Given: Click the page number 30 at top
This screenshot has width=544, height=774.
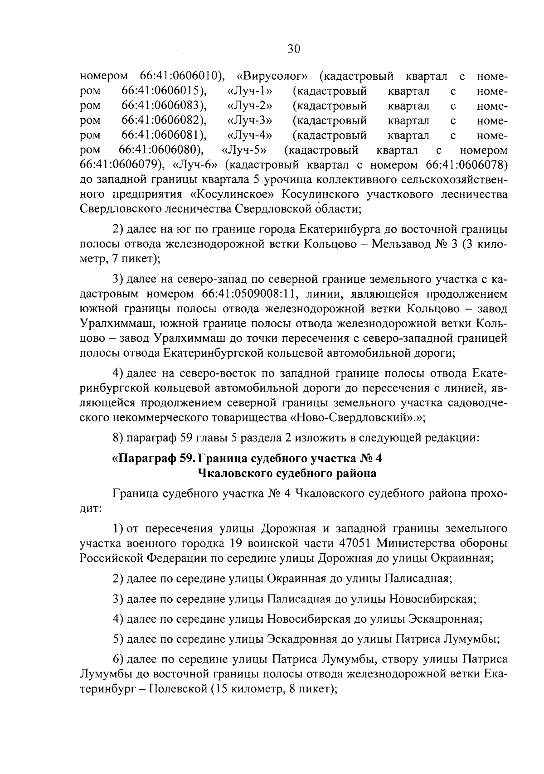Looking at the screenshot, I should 294,49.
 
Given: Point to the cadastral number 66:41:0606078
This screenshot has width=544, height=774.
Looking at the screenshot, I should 467,164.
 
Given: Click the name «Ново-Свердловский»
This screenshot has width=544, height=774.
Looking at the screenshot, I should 355,418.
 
